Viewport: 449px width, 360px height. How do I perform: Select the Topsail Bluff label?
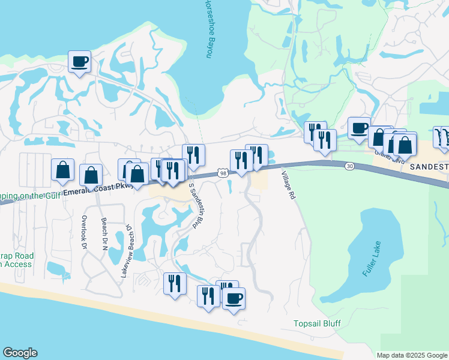tap(317, 324)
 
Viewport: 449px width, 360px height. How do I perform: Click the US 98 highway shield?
tap(223, 173)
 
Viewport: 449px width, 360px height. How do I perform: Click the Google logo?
tap(20, 353)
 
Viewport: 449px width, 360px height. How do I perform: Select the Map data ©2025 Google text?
tap(412, 355)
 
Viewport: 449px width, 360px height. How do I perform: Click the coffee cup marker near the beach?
tap(234, 298)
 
